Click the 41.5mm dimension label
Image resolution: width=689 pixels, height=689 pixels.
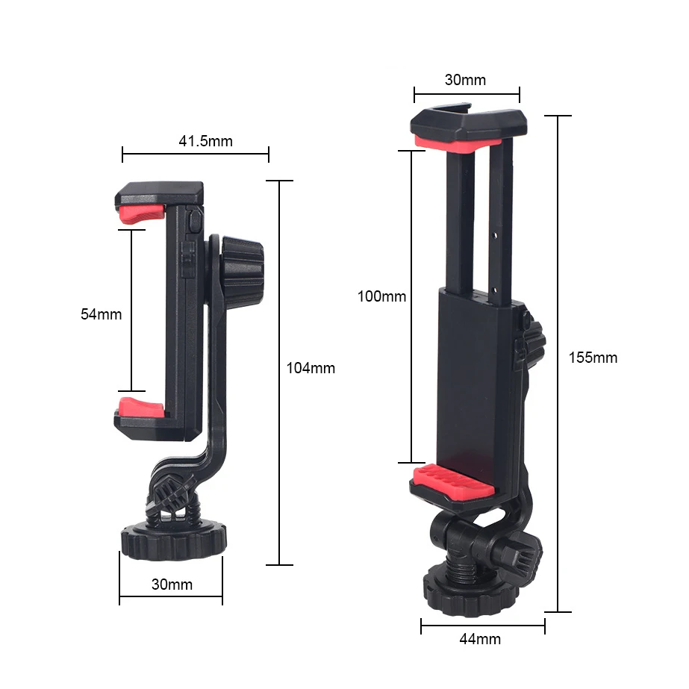click(205, 141)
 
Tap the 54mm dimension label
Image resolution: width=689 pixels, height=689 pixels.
click(101, 314)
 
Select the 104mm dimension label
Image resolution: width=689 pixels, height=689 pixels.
click(311, 368)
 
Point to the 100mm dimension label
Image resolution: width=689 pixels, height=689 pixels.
click(381, 296)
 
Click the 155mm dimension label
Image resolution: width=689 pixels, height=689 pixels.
click(593, 358)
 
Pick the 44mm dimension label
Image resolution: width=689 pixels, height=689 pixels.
click(480, 638)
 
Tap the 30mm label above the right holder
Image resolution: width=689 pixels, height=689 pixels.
click(465, 80)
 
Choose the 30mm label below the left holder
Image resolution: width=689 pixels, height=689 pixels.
click(172, 584)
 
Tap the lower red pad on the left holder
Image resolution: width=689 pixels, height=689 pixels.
click(141, 408)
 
